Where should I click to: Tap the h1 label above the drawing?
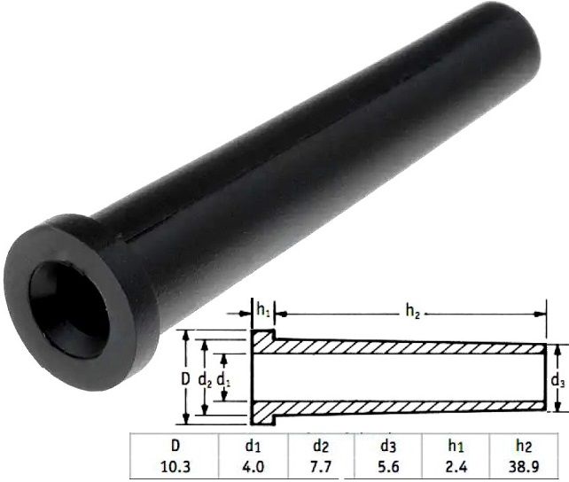pyautogui.click(x=263, y=311)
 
